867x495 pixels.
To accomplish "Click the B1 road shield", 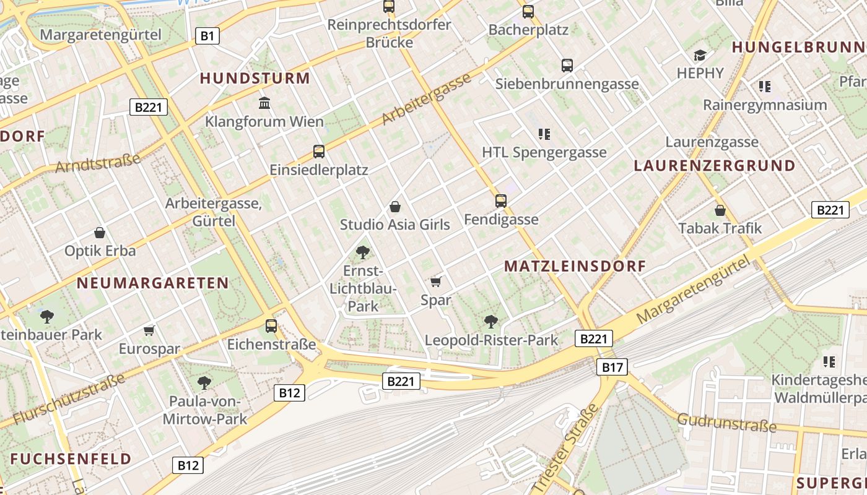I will (207, 37).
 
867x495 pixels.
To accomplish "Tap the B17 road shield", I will (612, 368).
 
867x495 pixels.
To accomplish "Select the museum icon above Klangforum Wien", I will (264, 102).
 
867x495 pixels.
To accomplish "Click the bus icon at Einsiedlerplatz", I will (319, 151).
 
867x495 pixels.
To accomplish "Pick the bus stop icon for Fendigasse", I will (500, 200).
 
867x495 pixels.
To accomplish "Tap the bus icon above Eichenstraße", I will (271, 325).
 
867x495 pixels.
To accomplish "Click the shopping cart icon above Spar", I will (435, 282).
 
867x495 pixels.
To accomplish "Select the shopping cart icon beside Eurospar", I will (149, 330).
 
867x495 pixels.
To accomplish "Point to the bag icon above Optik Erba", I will (100, 233).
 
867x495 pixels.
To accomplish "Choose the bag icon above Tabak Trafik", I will (720, 210).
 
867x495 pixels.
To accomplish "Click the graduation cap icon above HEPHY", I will (700, 55).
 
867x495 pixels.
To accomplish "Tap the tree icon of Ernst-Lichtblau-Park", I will (363, 252).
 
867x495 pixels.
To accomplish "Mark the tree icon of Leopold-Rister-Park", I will (491, 321).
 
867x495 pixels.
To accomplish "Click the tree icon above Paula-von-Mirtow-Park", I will (204, 382).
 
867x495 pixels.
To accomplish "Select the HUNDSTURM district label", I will (255, 79).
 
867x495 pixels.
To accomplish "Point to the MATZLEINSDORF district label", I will (575, 267).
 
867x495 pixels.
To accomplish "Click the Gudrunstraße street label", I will (726, 423).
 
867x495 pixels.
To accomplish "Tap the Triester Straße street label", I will (565, 449).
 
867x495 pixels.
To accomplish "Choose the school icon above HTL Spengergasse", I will (544, 134).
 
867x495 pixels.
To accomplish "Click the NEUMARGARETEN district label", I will (152, 283).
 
